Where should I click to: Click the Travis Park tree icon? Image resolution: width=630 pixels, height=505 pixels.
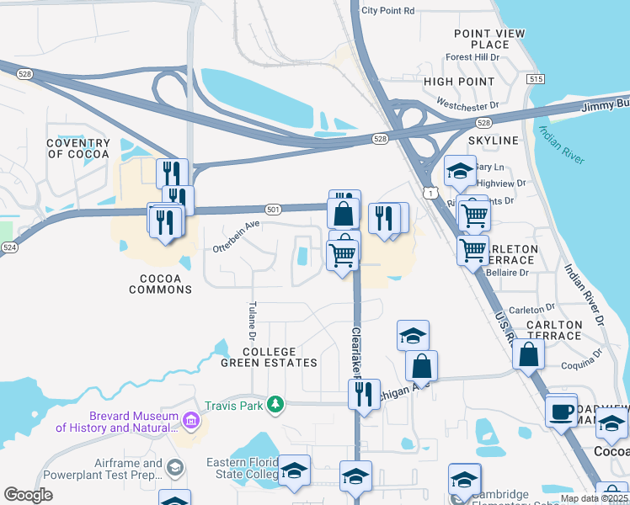point(275,406)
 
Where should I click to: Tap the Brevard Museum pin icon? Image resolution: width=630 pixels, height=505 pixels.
point(191,419)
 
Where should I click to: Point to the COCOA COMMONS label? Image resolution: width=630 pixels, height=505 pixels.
point(160,283)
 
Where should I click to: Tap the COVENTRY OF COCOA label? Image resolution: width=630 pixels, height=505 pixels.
point(78,149)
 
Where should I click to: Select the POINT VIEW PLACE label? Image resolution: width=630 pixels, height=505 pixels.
point(489,39)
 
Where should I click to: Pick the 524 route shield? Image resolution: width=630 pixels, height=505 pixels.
point(9,247)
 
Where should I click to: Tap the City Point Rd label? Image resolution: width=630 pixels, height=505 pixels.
point(387,11)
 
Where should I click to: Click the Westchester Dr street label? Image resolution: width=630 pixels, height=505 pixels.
point(467,107)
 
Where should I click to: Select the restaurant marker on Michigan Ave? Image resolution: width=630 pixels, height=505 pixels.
point(364,393)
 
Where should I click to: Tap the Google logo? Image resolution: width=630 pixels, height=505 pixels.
point(29,495)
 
